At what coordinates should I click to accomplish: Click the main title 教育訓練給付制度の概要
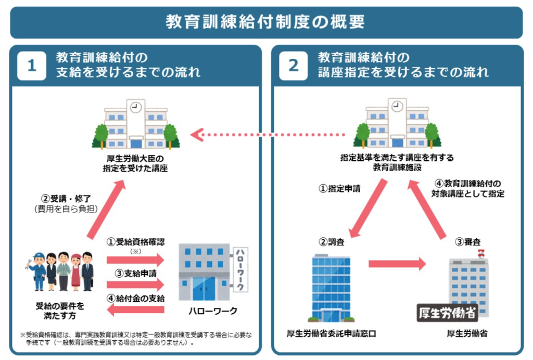[x=266, y=22]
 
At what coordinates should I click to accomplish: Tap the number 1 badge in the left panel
[x=32, y=66]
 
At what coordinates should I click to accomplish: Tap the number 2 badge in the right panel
[x=294, y=66]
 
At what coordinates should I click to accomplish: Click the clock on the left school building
[x=136, y=107]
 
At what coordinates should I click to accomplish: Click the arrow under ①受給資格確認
[x=135, y=260]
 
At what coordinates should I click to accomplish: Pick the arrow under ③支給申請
[x=135, y=284]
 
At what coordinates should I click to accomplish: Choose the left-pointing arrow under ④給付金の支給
[x=135, y=310]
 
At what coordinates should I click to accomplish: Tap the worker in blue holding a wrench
[x=37, y=271]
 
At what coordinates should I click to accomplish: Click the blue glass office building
[x=331, y=286]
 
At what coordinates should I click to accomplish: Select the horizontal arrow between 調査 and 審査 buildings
[x=397, y=264]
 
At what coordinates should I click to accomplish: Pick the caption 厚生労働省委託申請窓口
[x=331, y=333]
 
